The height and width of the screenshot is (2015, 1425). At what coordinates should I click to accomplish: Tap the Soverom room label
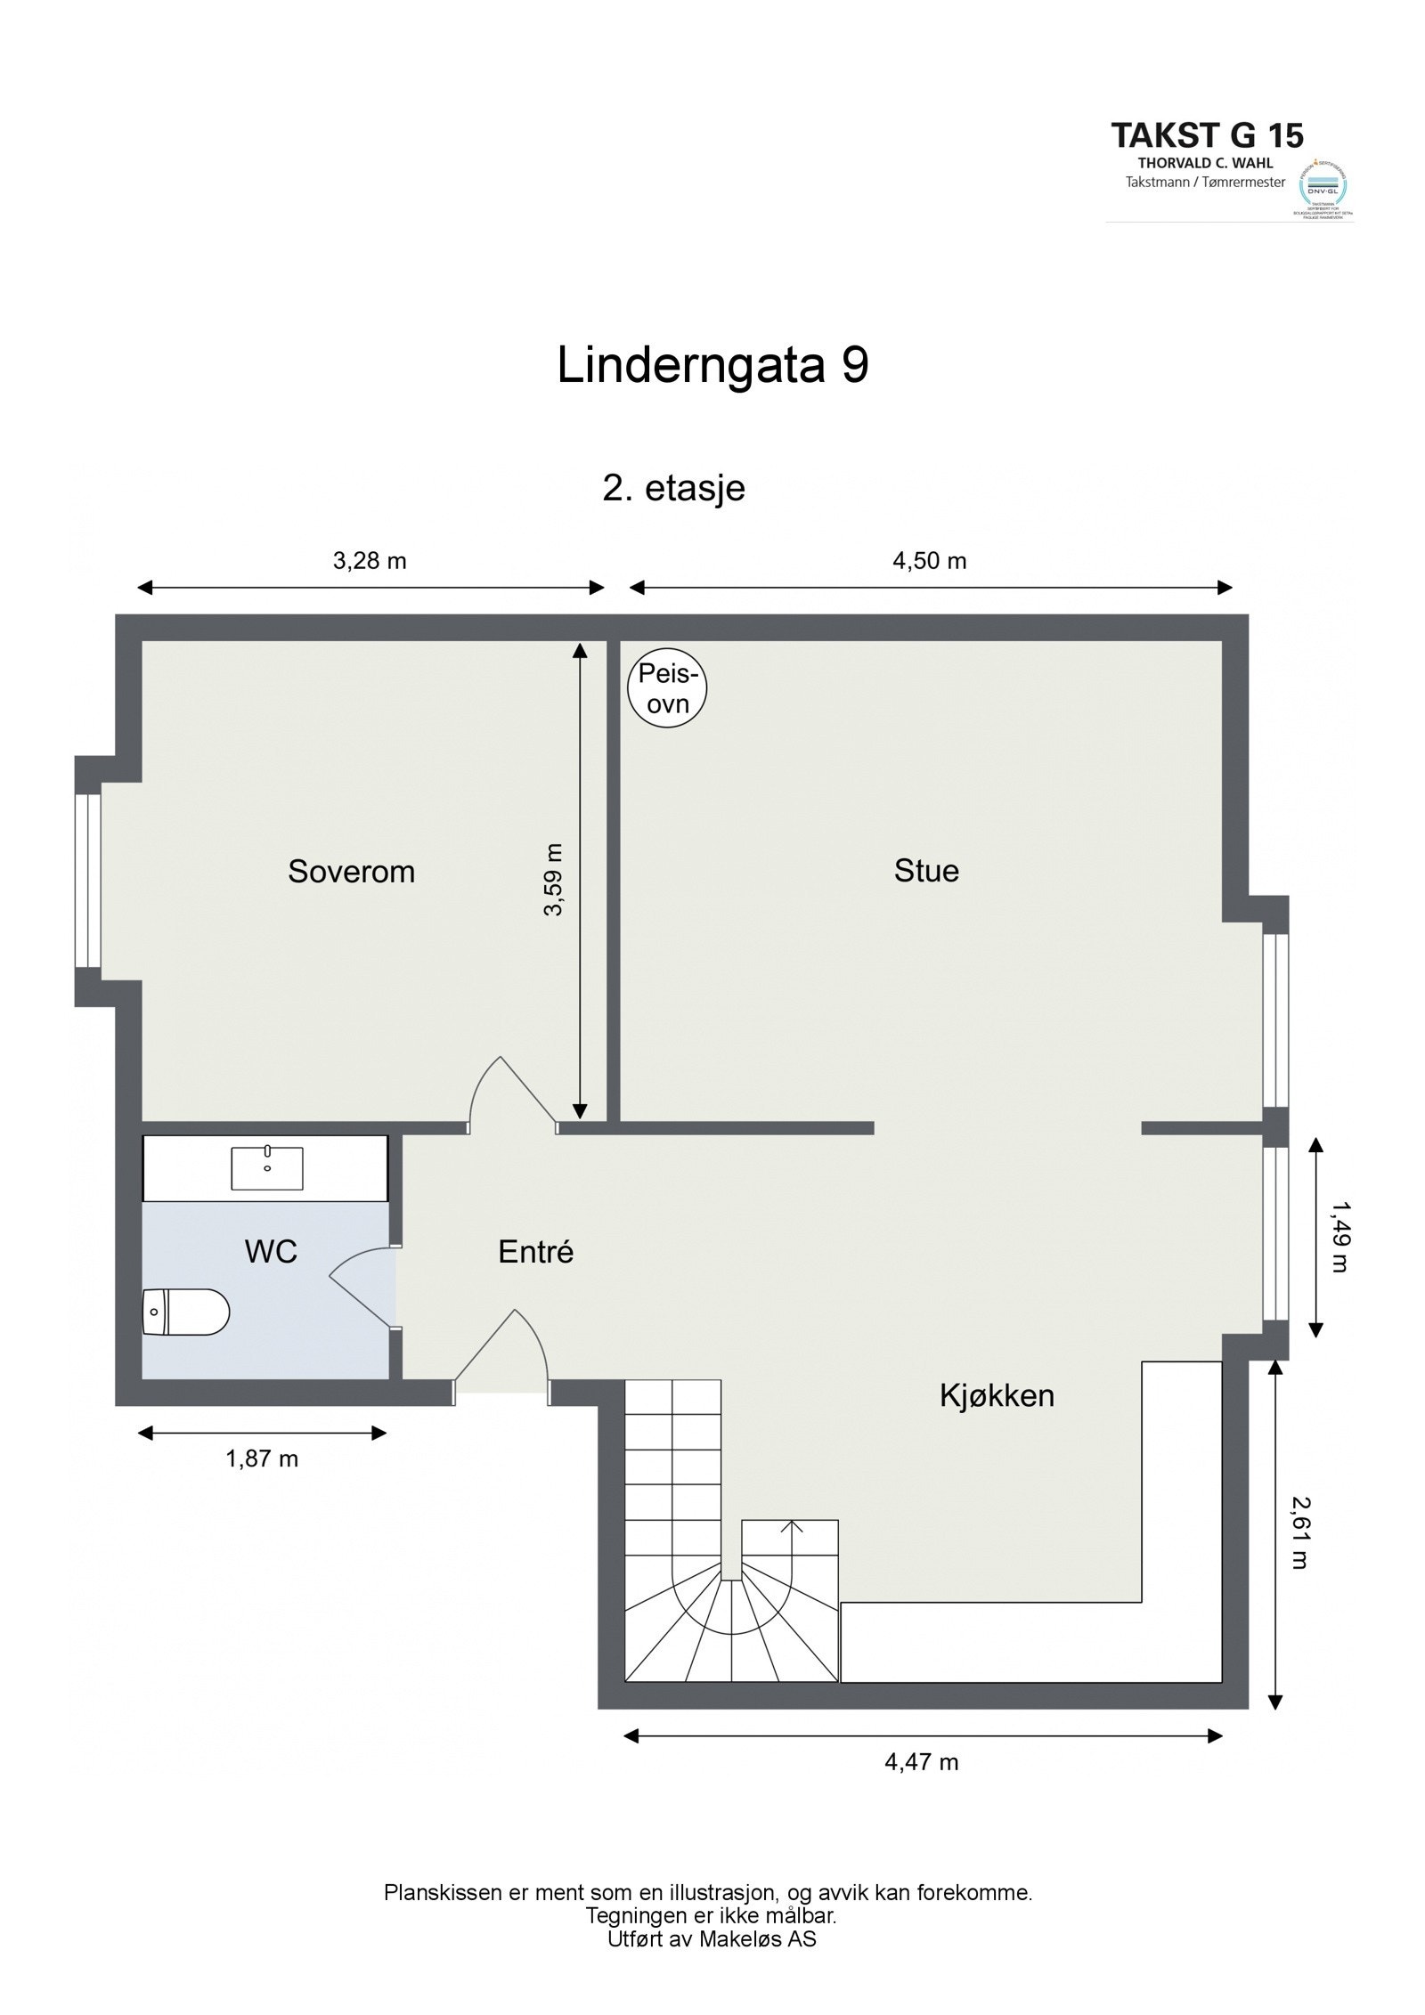pos(351,871)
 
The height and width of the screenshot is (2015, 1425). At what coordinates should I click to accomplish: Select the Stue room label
pos(926,870)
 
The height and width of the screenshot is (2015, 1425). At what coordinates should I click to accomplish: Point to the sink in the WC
pos(266,1168)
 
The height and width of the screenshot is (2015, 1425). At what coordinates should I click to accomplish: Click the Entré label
pos(535,1252)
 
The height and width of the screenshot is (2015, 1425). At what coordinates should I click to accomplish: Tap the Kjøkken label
pos(997,1395)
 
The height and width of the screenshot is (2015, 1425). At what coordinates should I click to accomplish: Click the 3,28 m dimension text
pos(370,561)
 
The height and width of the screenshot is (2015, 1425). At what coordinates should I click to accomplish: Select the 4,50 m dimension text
pos(929,561)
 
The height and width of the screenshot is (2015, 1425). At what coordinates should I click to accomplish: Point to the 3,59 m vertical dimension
pos(554,880)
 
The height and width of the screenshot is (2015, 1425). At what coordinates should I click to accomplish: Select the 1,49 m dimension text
pos(1339,1236)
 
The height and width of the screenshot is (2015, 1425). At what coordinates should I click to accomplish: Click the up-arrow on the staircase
pos(791,1526)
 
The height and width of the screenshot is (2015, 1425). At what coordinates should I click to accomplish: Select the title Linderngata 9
pos(712,366)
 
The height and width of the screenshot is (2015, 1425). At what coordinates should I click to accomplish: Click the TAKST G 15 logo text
pos(1207,135)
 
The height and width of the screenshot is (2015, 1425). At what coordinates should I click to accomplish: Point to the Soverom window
pos(88,880)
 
